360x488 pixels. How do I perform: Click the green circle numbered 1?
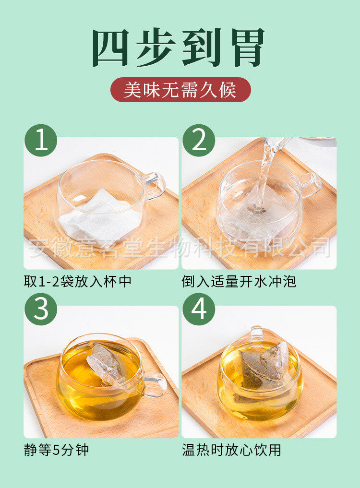41,141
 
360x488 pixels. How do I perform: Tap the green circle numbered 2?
199,141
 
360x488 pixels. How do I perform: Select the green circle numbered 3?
41,309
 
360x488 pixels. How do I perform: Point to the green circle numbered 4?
199,309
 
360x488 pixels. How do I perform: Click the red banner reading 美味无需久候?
180,90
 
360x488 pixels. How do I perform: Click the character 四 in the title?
111,48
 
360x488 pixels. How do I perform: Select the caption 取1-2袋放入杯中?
78,282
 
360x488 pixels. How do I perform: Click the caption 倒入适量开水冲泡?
239,282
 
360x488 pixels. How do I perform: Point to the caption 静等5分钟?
56,450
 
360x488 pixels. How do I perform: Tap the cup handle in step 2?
310,185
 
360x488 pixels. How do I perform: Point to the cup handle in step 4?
257,333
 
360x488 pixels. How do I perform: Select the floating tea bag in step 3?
107,365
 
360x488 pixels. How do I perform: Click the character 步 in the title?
156,48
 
